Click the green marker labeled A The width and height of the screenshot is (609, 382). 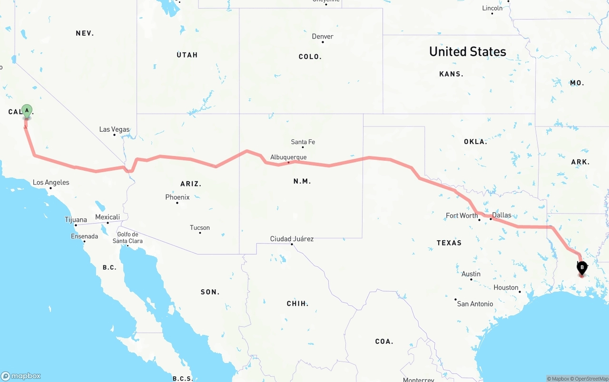click(27, 111)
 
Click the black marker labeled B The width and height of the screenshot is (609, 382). click(582, 268)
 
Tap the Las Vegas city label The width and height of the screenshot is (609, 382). click(114, 129)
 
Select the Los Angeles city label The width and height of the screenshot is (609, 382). click(51, 183)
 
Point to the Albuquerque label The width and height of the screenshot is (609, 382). click(288, 157)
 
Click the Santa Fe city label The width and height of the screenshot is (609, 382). click(303, 142)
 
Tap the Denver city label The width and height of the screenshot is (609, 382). click(323, 37)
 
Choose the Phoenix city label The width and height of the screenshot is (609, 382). click(177, 197)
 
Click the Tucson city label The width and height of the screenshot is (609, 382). click(200, 228)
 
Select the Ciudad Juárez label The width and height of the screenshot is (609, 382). click(292, 239)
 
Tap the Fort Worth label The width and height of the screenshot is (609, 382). click(462, 216)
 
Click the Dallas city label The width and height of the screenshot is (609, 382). click(501, 215)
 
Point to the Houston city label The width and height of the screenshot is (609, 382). click(506, 288)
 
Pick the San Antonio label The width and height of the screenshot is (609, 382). click(475, 304)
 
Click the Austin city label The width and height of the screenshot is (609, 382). click(471, 274)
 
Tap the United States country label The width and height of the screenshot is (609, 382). click(468, 51)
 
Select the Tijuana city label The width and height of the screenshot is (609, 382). click(76, 220)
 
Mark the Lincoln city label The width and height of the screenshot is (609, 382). click(492, 8)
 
